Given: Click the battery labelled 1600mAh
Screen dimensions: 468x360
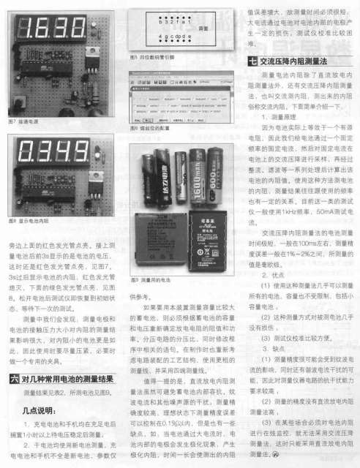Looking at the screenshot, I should click(x=199, y=179).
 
